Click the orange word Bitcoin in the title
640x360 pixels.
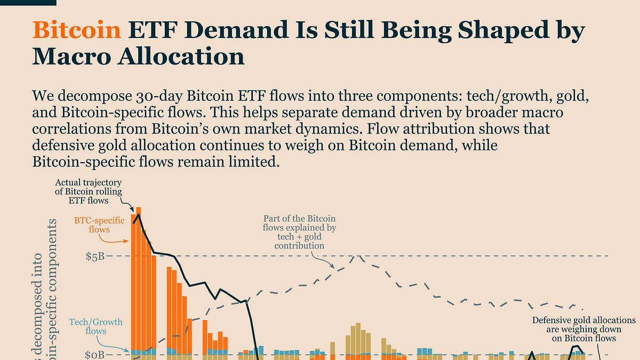coord(76,31)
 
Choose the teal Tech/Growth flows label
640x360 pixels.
coord(96,326)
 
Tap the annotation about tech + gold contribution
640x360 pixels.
coord(299,232)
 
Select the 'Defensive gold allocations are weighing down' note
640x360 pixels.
coord(583,329)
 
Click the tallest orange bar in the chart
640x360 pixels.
coord(139,277)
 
